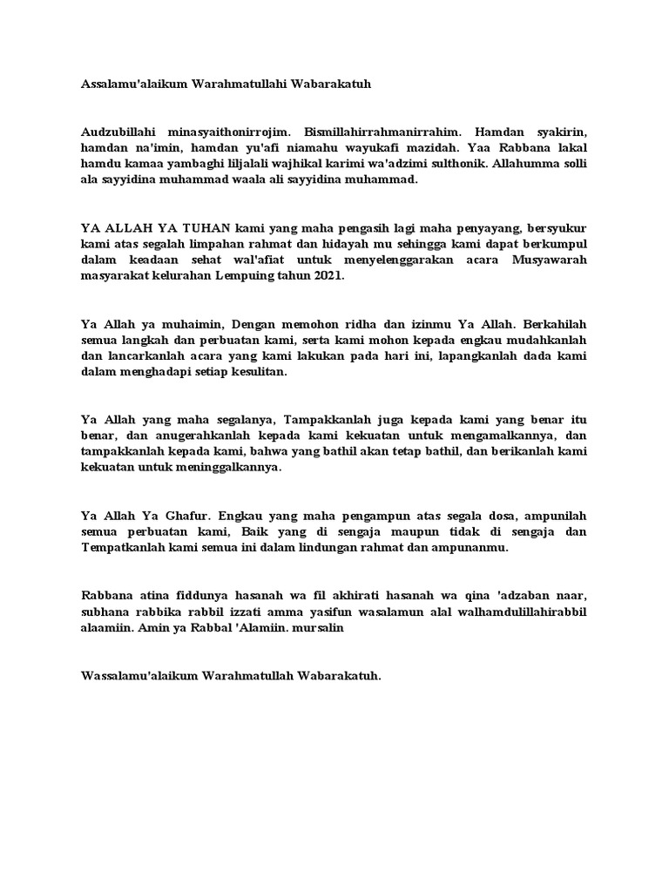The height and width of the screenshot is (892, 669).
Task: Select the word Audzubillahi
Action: (x=117, y=131)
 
